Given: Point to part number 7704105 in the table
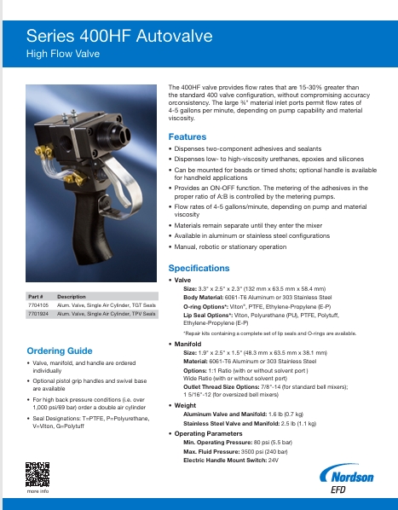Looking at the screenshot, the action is pyautogui.click(x=37, y=304).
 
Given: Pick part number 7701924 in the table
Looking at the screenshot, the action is pyautogui.click(x=37, y=314).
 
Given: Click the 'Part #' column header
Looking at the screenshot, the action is pyautogui.click(x=36, y=295).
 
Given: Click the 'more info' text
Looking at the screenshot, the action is pyautogui.click(x=37, y=492).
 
